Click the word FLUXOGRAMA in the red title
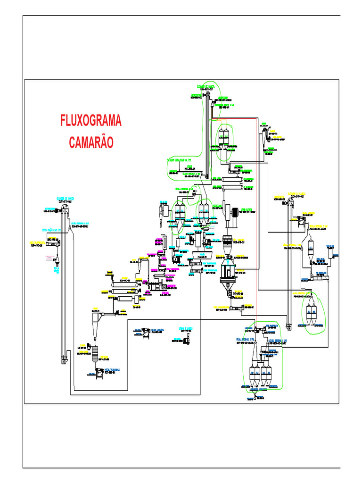pyautogui.click(x=90, y=121)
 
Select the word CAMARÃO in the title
pyautogui.click(x=90, y=142)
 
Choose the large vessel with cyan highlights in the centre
pyautogui.click(x=228, y=271)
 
